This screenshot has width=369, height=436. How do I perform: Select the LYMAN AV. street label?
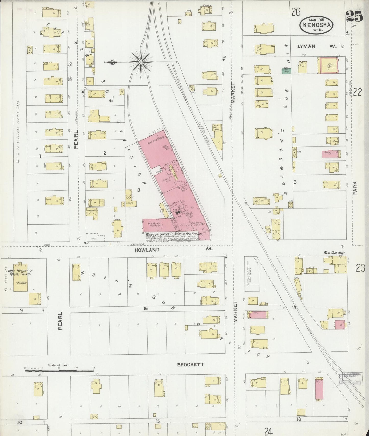point(317,46)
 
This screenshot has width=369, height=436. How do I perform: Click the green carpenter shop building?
point(286,71)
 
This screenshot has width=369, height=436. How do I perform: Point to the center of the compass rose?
point(141,62)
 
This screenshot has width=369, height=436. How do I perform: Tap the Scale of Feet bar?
point(59,371)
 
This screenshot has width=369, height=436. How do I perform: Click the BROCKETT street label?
point(191,365)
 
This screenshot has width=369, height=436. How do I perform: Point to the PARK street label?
point(356,188)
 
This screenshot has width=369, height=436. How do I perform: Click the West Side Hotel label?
point(335,253)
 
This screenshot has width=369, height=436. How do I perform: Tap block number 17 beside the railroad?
point(294,308)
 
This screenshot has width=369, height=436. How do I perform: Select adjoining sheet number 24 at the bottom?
point(269,432)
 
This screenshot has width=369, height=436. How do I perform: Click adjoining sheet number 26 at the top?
point(296,12)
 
